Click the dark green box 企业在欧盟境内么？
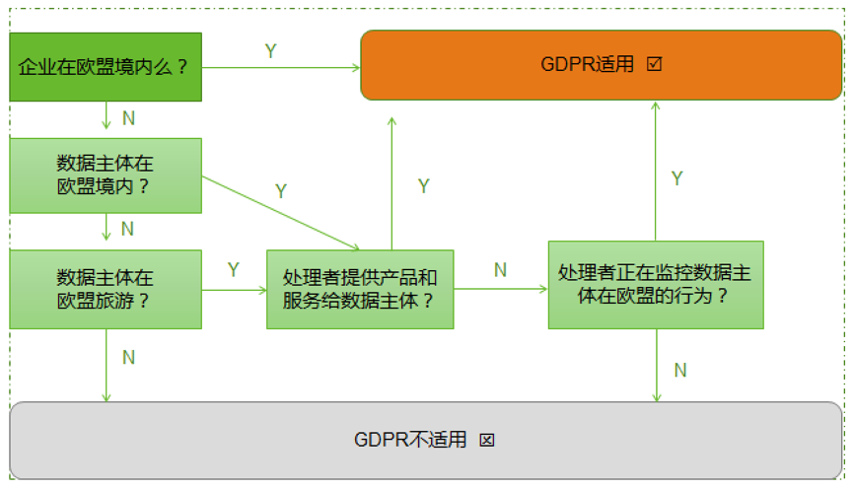coord(106,67)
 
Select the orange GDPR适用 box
coord(601,65)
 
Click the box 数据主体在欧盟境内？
coord(106,175)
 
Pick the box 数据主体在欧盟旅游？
coord(106,289)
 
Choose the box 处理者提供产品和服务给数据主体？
coord(360,289)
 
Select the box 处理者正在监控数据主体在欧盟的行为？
coord(656,284)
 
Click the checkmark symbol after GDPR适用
coord(654,65)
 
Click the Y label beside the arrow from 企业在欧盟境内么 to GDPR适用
coord(270,51)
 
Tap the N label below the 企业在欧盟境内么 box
coord(128,118)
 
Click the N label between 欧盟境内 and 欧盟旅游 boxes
coord(127,229)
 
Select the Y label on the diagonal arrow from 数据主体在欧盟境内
coord(281,191)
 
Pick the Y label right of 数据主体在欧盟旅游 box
coord(234,270)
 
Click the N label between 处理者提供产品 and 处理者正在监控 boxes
coord(500,270)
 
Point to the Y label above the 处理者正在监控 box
coord(677,178)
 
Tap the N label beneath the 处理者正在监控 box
coord(679,371)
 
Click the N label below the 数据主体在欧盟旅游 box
coord(128,357)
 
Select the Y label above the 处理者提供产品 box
coord(424,186)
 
